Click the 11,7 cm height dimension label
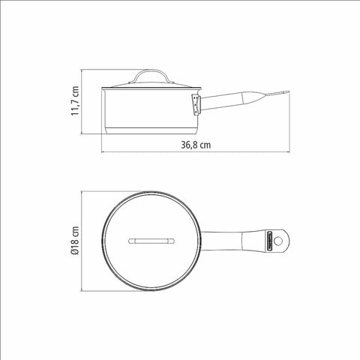tap(75, 100)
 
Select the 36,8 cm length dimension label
tap(196, 145)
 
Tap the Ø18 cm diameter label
tap(75, 241)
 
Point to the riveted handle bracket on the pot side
tap(196, 104)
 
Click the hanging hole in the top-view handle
tap(278, 241)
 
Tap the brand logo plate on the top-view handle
tap(270, 241)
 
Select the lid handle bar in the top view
tap(151, 241)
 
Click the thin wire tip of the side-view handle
tap(277, 94)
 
